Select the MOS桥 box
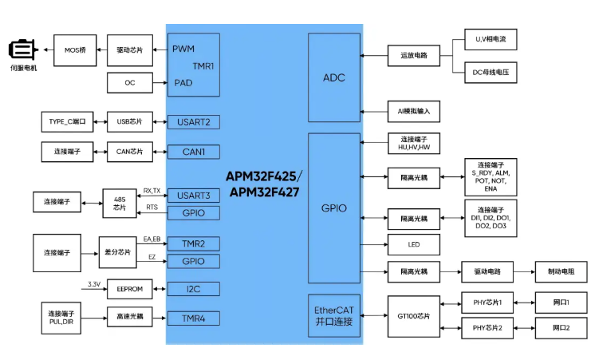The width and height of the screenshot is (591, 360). [75, 50]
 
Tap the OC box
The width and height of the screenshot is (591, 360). [129, 81]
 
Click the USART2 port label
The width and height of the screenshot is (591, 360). [193, 122]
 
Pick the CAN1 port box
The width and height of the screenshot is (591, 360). [193, 151]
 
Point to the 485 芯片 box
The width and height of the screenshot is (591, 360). [120, 203]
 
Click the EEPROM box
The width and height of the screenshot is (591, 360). [129, 289]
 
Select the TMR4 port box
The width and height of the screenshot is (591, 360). [193, 318]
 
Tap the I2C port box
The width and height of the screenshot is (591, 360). [193, 288]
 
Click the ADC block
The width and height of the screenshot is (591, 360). [334, 78]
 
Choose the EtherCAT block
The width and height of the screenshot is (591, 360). [334, 315]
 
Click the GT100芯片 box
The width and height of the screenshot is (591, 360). [413, 316]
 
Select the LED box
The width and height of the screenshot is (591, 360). [413, 244]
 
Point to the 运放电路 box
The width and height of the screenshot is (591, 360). [413, 55]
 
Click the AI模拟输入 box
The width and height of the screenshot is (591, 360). [413, 111]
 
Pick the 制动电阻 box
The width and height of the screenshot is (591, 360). [561, 272]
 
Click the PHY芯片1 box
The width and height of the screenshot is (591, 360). [488, 303]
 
